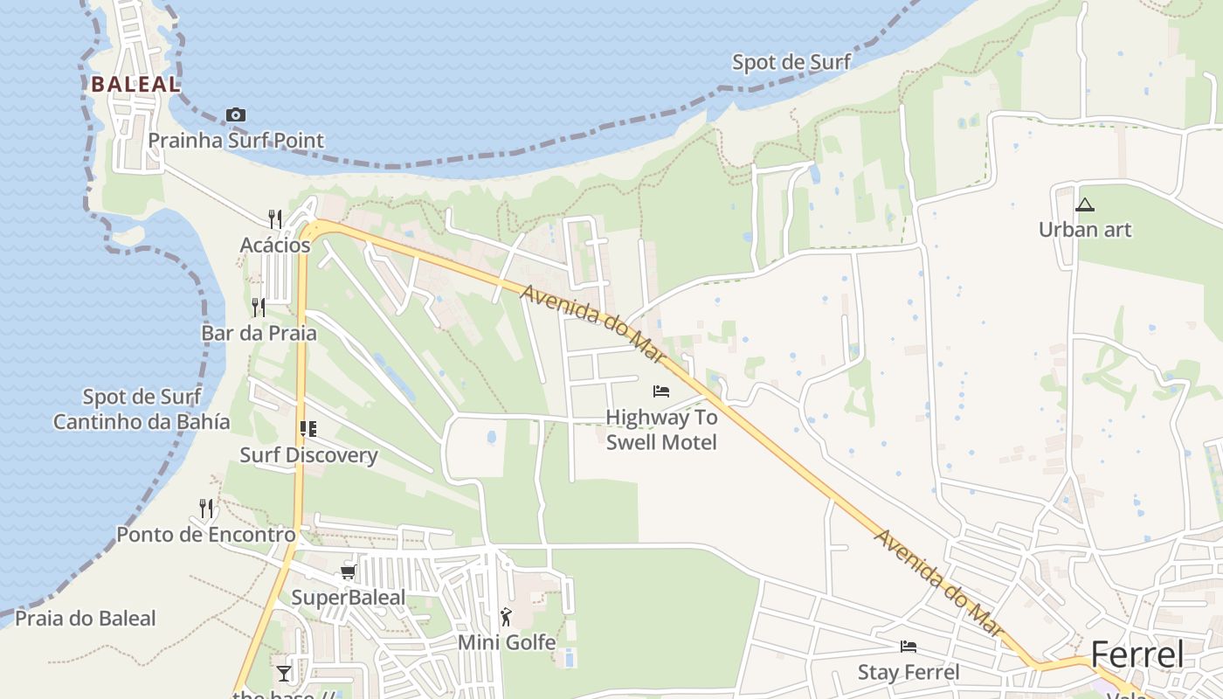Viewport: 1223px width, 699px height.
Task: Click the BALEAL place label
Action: tap(135, 85)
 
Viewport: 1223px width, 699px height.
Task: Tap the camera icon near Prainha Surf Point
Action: tap(235, 114)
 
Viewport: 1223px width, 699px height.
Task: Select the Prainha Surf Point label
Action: tap(235, 140)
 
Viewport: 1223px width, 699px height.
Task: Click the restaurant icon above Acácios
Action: tap(274, 218)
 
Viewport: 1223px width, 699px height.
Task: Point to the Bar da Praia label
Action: tap(259, 333)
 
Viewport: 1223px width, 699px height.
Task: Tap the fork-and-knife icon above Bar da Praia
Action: tap(258, 307)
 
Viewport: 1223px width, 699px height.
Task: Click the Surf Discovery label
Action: tap(308, 455)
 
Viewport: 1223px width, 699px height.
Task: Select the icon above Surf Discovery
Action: tap(307, 429)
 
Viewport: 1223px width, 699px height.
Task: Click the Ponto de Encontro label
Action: tap(206, 534)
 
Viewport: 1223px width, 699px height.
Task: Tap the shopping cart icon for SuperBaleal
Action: tap(348, 572)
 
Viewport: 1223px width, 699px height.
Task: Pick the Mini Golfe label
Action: tap(507, 643)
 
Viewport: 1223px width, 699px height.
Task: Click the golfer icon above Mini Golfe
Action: tap(506, 618)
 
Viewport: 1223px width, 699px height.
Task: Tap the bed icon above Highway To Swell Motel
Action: tap(661, 391)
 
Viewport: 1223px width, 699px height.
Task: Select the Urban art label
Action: tap(1085, 230)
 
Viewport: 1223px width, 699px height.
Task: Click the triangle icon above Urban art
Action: tap(1085, 205)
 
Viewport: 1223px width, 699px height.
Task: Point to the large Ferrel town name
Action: tap(1137, 654)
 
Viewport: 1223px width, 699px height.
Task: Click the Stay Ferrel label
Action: tap(909, 672)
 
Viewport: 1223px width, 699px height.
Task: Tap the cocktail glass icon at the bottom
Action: tap(284, 673)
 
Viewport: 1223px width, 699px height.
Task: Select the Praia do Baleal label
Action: tap(86, 619)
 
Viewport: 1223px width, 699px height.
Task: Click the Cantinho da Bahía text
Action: tap(142, 422)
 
